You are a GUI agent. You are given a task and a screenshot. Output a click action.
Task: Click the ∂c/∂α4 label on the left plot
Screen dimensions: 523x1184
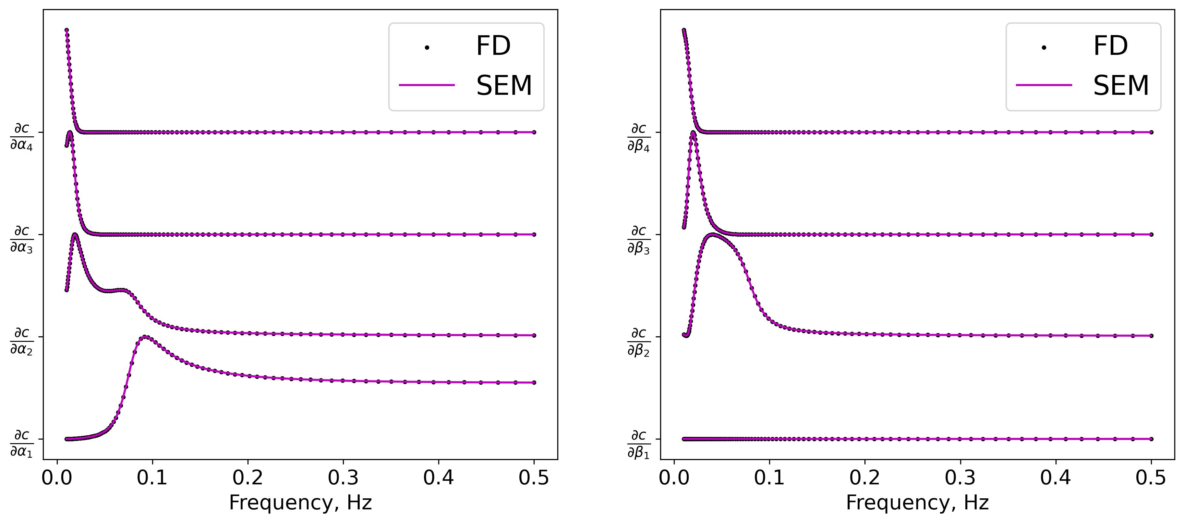(x=22, y=137)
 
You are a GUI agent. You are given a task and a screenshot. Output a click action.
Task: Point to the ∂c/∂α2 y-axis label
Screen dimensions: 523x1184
(x=22, y=341)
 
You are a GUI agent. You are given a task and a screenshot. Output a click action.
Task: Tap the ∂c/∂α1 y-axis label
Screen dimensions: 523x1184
(x=22, y=443)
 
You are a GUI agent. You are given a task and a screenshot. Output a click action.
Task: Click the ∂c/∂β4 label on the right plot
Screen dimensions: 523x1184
(x=639, y=137)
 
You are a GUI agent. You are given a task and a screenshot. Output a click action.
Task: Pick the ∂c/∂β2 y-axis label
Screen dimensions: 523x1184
(x=639, y=341)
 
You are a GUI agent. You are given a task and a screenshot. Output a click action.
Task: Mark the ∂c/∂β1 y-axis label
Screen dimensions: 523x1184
(x=639, y=443)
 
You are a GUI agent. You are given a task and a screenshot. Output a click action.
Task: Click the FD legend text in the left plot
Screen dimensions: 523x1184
(x=493, y=46)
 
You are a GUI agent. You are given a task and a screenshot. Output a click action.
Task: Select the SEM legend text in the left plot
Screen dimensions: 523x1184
(x=504, y=86)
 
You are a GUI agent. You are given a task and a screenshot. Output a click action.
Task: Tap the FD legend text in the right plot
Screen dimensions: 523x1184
(x=1110, y=46)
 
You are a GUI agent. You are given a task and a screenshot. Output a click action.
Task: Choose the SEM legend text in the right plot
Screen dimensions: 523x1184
(x=1121, y=86)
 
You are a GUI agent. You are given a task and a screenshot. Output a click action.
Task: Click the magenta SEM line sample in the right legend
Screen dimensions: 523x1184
(x=1044, y=85)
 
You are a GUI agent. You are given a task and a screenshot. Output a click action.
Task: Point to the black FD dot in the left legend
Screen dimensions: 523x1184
(x=427, y=47)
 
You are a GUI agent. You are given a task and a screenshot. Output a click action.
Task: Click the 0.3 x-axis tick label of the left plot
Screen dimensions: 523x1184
(x=343, y=478)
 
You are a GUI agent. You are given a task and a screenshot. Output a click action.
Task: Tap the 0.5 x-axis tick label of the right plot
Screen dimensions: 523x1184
(x=1151, y=478)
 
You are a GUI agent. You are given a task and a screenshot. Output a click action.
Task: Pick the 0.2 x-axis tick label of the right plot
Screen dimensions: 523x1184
(x=864, y=478)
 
